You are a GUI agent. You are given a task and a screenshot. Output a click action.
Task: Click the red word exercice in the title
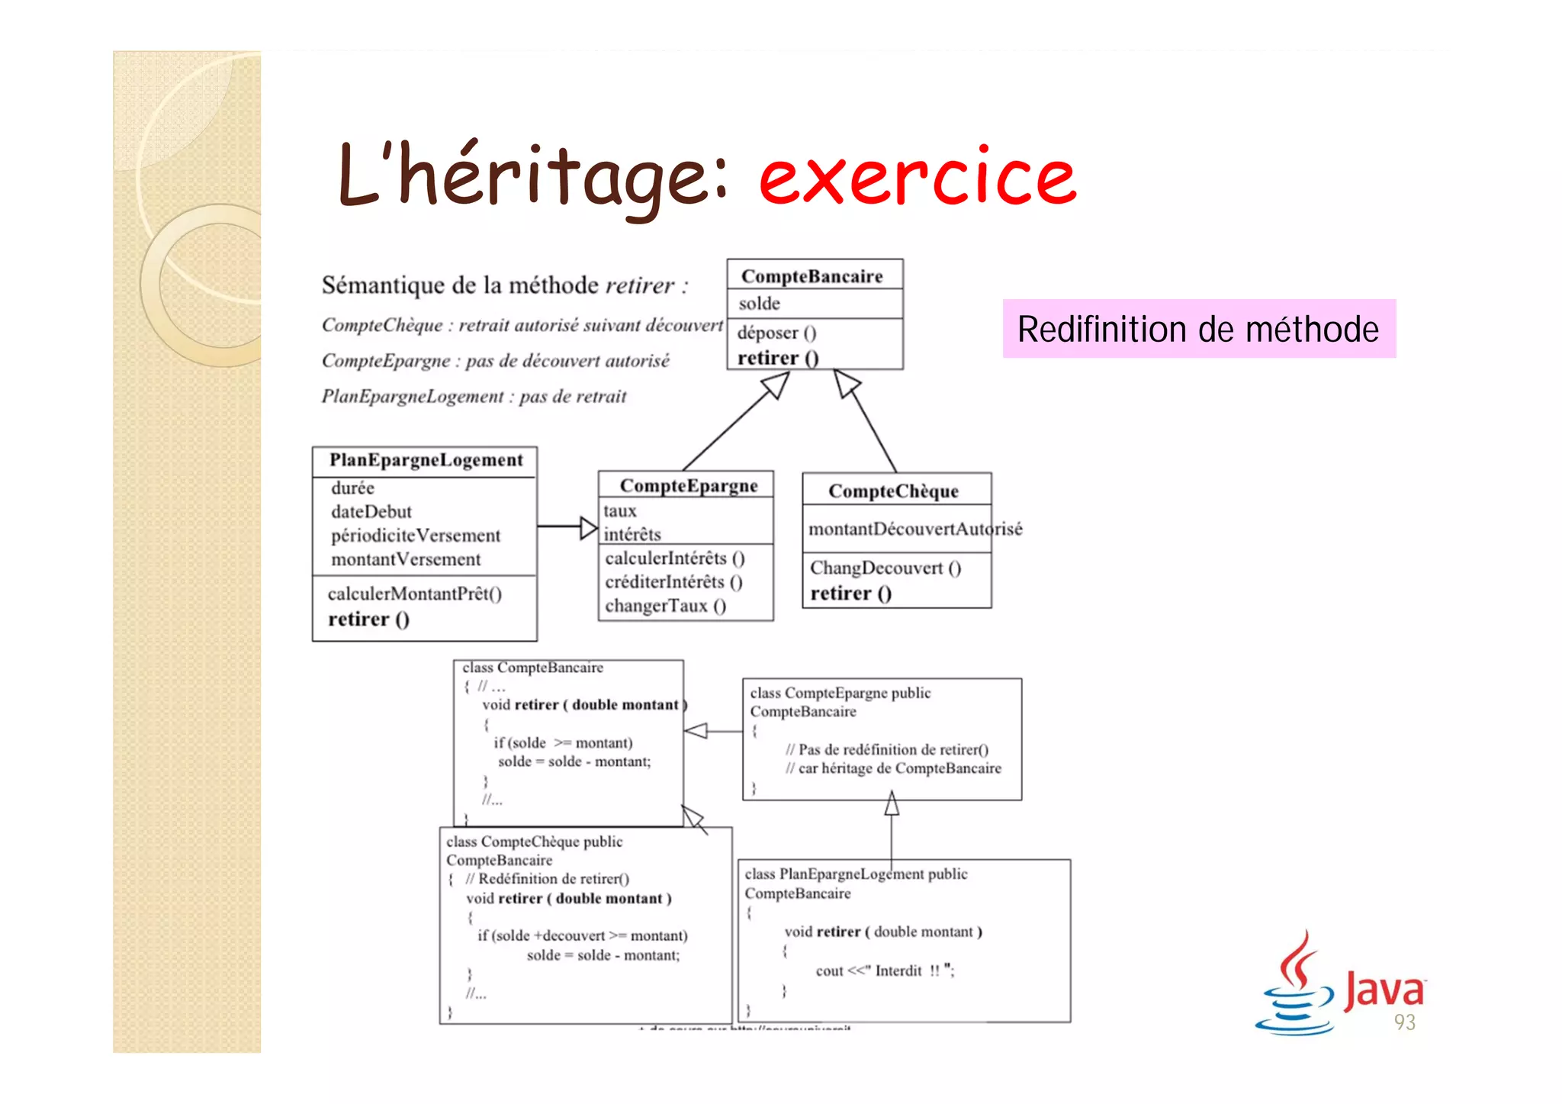point(917,178)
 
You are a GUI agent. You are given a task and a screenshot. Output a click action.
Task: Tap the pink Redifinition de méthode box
point(1198,329)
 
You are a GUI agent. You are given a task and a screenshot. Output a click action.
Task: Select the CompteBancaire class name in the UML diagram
point(812,275)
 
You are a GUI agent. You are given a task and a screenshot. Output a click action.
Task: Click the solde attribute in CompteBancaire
point(759,304)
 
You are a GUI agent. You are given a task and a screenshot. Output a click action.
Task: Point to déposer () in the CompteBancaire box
point(776,333)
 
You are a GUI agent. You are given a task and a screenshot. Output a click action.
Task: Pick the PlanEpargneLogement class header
point(426,460)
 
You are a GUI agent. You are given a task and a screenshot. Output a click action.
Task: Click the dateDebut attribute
point(371,511)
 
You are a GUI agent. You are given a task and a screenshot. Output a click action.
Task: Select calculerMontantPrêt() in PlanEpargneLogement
point(414,594)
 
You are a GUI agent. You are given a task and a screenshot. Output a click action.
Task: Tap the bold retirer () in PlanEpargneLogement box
point(368,620)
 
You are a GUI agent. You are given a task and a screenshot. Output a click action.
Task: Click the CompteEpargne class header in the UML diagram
point(688,485)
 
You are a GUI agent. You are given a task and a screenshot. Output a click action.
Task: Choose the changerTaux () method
point(665,606)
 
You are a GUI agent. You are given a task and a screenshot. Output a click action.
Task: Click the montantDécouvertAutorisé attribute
point(914,529)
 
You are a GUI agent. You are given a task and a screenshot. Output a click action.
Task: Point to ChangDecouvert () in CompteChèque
point(885,568)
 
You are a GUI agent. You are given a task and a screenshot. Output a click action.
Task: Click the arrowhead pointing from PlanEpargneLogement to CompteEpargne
point(588,527)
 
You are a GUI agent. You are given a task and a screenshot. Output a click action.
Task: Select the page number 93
point(1404,1022)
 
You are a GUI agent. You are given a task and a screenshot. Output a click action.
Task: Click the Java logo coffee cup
point(1295,988)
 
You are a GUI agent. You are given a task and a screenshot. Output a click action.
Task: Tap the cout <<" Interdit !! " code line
point(884,970)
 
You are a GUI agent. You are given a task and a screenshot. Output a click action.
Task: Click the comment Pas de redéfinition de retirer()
point(886,749)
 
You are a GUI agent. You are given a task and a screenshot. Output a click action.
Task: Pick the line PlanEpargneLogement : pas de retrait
point(474,396)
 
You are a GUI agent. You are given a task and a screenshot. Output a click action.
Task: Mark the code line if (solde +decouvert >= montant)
point(582,935)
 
